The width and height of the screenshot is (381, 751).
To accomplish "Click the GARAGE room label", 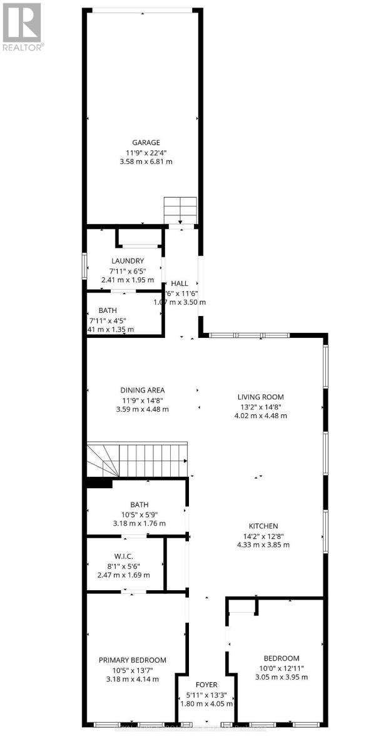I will (145, 142).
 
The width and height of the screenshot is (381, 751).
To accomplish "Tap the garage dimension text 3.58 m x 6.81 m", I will (145, 161).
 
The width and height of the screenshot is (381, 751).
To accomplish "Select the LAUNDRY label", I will (128, 261).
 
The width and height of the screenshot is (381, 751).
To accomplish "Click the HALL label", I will (180, 284).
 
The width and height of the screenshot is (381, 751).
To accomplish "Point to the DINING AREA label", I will (143, 391).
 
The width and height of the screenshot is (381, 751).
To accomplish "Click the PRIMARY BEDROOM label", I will (133, 660).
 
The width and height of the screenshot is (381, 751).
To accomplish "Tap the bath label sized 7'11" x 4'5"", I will (108, 310).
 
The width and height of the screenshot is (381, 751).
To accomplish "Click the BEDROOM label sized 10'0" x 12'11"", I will (281, 658).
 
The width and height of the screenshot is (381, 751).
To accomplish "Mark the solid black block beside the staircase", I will (99, 483).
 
